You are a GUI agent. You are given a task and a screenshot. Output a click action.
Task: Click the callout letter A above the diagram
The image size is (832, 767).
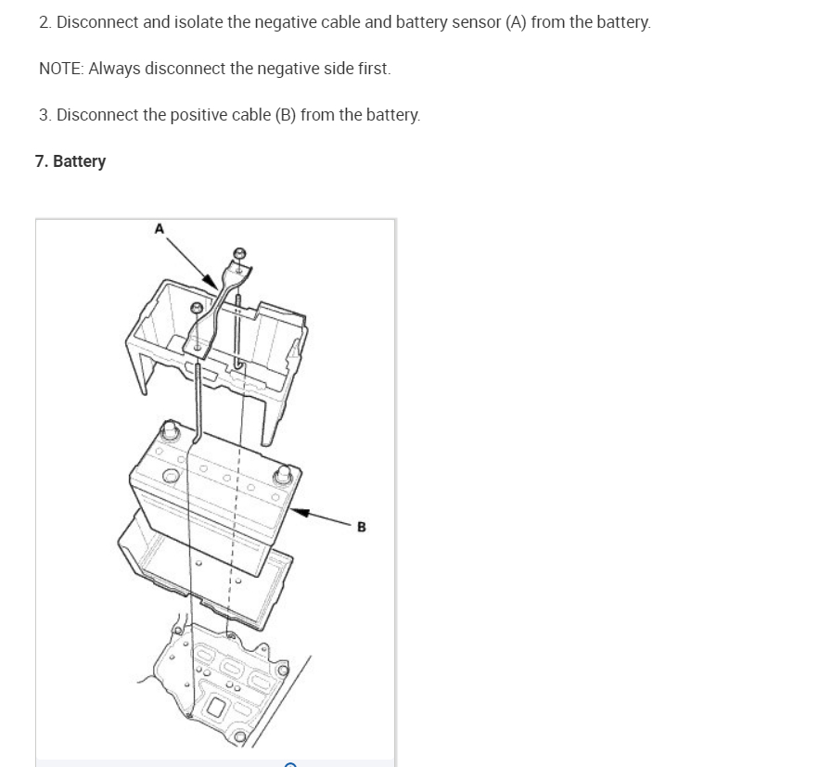(x=159, y=228)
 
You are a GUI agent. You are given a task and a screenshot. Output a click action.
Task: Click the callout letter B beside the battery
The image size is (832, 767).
(x=361, y=527)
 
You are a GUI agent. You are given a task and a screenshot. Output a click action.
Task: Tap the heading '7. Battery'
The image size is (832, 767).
(x=70, y=161)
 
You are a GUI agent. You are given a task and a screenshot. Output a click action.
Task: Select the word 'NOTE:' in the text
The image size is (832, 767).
(x=61, y=69)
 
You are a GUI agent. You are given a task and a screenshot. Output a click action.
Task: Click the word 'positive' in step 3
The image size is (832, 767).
(x=197, y=115)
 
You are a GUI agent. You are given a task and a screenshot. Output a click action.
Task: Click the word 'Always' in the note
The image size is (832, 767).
(x=113, y=69)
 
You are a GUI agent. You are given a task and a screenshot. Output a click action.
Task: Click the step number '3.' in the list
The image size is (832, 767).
(x=45, y=115)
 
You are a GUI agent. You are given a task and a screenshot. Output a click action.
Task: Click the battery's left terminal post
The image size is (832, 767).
(x=170, y=431)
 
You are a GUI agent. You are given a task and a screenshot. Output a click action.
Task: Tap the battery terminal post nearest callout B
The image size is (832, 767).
(x=282, y=477)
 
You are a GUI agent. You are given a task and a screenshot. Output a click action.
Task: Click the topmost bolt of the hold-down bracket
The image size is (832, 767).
(x=239, y=253)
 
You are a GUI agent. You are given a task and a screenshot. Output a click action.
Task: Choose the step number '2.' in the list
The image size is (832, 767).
(x=45, y=22)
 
